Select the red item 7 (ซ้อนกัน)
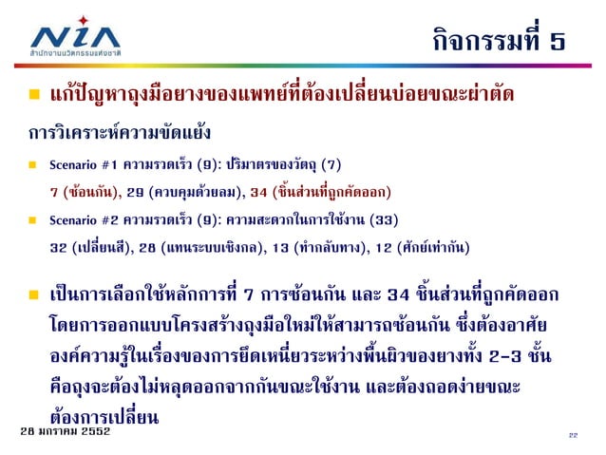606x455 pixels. [x=84, y=191]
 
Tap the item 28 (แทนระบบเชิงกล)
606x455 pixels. [x=201, y=249]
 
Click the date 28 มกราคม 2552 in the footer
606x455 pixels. [x=65, y=432]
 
